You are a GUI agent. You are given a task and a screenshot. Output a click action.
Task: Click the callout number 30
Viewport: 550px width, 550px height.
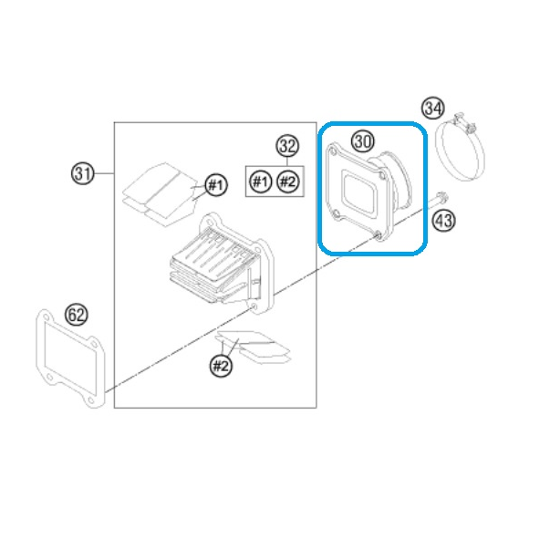[363, 141]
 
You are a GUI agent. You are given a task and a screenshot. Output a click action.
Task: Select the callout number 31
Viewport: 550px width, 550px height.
[83, 173]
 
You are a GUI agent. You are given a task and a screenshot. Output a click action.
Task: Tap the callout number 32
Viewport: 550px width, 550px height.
[287, 146]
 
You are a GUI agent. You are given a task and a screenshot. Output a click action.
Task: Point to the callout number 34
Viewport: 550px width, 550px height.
[433, 109]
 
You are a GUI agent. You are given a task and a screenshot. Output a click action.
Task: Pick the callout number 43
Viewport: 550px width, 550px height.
[444, 221]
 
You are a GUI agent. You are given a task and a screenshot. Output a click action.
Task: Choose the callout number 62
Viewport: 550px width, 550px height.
[77, 315]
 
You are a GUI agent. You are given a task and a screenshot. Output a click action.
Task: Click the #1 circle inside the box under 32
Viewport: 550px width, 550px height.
[260, 182]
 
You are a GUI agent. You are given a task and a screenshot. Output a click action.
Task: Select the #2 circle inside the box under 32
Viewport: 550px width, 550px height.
[288, 182]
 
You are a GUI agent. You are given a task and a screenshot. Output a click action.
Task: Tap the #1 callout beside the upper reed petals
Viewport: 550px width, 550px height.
[216, 184]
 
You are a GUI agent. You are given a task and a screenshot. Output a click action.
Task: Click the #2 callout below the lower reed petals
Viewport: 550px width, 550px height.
[221, 366]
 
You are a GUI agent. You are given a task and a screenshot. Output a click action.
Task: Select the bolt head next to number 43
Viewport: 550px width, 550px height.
[442, 198]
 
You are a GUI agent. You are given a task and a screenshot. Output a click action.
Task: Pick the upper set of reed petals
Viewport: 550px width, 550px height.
[160, 194]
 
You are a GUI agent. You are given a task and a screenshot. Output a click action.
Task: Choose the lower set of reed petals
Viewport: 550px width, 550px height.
[254, 348]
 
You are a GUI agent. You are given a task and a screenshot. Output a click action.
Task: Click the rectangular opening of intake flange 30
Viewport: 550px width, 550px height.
[360, 192]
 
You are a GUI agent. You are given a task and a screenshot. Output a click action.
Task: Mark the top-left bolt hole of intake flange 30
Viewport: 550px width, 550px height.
[332, 152]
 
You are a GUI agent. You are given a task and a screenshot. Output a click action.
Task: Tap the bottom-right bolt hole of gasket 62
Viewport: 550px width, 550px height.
[91, 400]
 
